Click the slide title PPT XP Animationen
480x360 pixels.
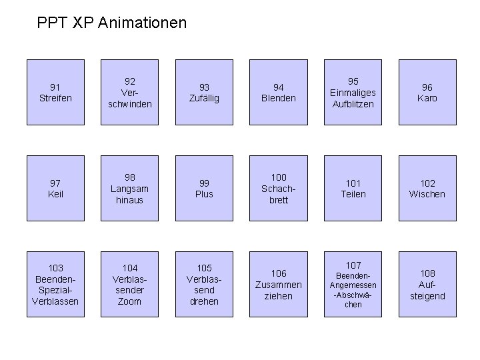tap(112, 23)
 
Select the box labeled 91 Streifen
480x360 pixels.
tap(55, 92)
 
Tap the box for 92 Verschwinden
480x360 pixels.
tap(129, 92)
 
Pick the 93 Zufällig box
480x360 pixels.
tap(204, 92)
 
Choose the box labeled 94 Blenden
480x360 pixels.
tap(279, 92)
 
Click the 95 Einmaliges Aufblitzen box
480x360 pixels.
tap(353, 92)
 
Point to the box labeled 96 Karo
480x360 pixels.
tap(427, 92)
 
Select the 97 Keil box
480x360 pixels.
tap(55, 188)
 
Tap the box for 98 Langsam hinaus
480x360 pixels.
tap(129, 188)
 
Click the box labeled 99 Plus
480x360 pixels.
tap(204, 188)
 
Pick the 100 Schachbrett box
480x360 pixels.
tap(279, 188)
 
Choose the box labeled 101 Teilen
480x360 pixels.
tap(353, 188)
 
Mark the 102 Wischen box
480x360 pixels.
tap(427, 188)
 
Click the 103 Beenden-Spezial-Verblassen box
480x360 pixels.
tap(55, 284)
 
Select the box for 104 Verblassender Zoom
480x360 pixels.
tap(129, 284)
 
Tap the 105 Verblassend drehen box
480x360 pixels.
tap(204, 284)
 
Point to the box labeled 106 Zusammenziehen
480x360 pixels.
tap(279, 284)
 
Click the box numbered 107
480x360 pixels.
tap(353, 284)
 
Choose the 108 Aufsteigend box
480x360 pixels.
tap(427, 284)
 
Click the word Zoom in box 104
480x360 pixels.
tap(129, 301)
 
